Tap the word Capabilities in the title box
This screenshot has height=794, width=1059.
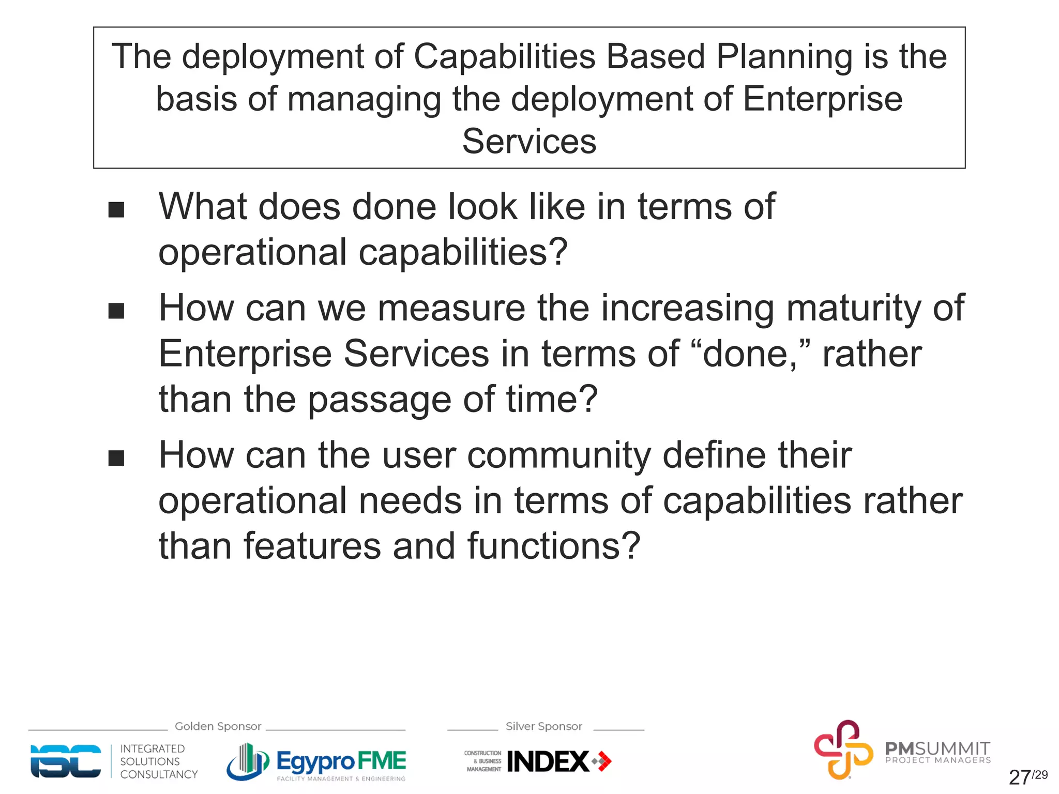tap(504, 57)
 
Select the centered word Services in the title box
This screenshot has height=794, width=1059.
tap(529, 142)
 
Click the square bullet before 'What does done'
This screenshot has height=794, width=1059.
tap(116, 210)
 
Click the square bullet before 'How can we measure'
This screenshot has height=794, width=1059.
tap(116, 311)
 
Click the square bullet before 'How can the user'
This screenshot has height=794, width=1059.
tap(116, 458)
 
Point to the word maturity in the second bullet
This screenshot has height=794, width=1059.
tap(854, 309)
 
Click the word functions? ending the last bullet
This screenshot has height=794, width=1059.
tap(554, 547)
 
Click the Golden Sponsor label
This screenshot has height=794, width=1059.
tap(218, 726)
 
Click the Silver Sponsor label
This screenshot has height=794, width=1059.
tap(543, 726)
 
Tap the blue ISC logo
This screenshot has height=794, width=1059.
tap(66, 761)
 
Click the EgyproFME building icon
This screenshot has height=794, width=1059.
tap(248, 761)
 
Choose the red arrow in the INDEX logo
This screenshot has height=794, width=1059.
tap(602, 761)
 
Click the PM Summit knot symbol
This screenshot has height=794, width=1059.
tap(843, 749)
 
